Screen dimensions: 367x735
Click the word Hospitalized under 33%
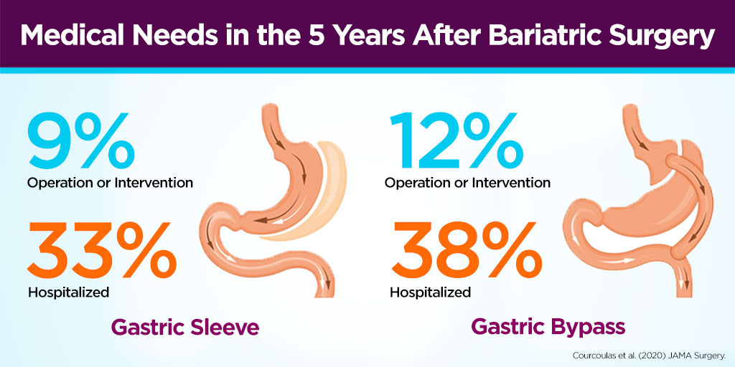tap(68, 292)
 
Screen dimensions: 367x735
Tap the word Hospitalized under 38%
tap(430, 292)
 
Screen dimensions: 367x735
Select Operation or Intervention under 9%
tap(110, 182)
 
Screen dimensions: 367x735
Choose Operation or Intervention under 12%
tap(467, 182)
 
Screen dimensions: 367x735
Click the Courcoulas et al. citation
tap(651, 354)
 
